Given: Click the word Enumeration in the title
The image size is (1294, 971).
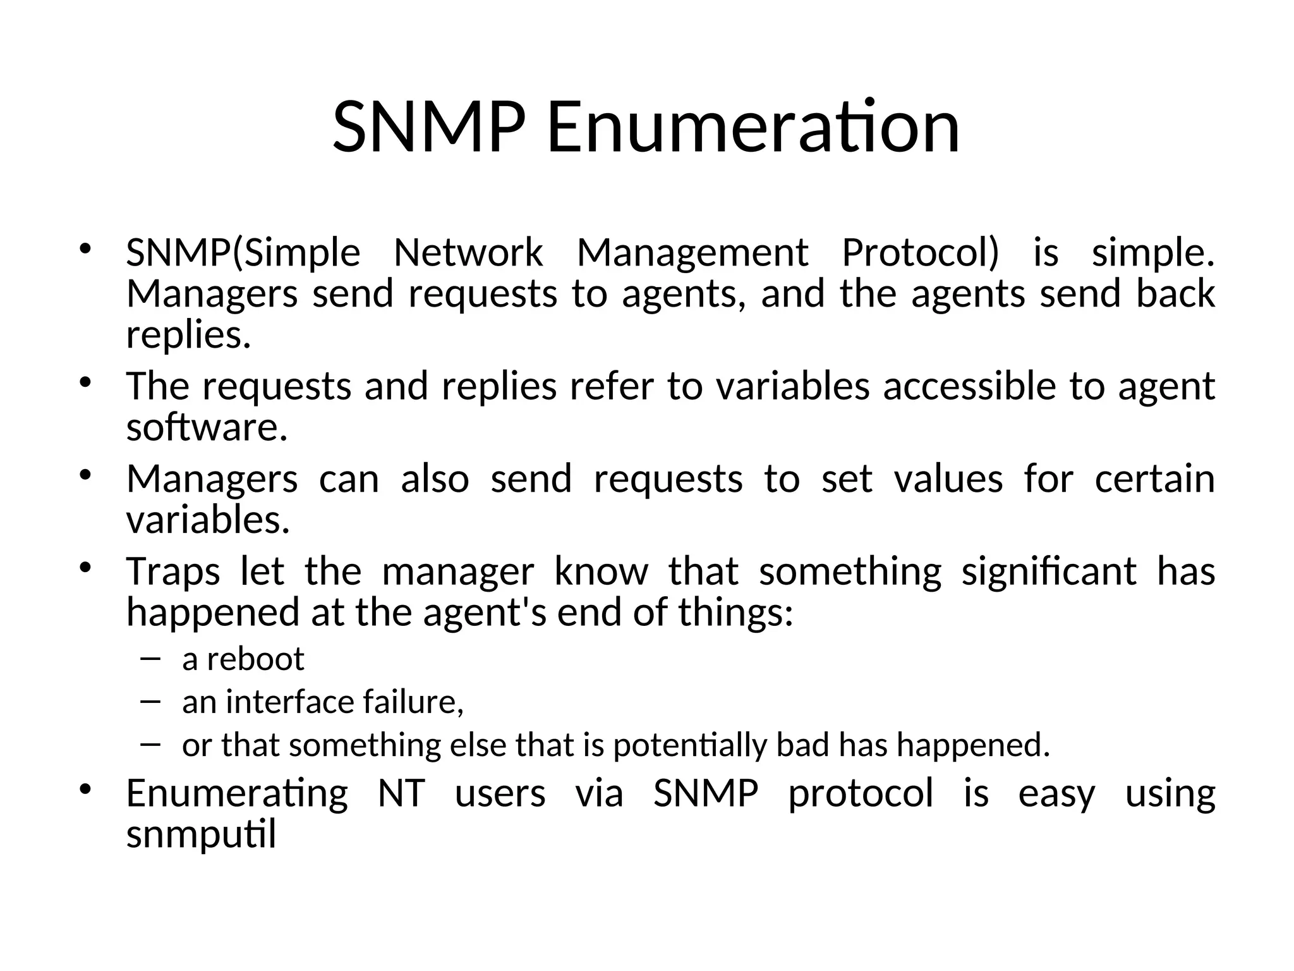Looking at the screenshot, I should [x=753, y=128].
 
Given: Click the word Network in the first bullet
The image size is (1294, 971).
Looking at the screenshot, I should [x=468, y=253].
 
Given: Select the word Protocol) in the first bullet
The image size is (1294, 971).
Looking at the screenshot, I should [x=921, y=253].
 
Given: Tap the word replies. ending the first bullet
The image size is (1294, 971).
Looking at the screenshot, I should [x=188, y=336].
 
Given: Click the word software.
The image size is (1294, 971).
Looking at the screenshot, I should [x=207, y=428].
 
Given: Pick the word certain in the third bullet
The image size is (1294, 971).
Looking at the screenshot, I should [x=1154, y=479].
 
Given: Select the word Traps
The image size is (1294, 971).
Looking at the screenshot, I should [x=172, y=573].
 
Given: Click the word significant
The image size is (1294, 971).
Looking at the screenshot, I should [x=1049, y=571].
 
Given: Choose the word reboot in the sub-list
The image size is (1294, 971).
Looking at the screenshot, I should [x=255, y=659].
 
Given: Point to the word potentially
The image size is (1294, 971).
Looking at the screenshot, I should [x=690, y=746].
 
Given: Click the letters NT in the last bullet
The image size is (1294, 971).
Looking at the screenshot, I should [x=401, y=793].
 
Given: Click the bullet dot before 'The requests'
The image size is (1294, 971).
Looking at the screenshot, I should [x=86, y=382].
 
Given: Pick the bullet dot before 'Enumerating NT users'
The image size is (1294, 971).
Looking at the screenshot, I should [x=86, y=790].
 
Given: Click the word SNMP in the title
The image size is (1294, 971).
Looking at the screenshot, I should [x=428, y=128].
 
